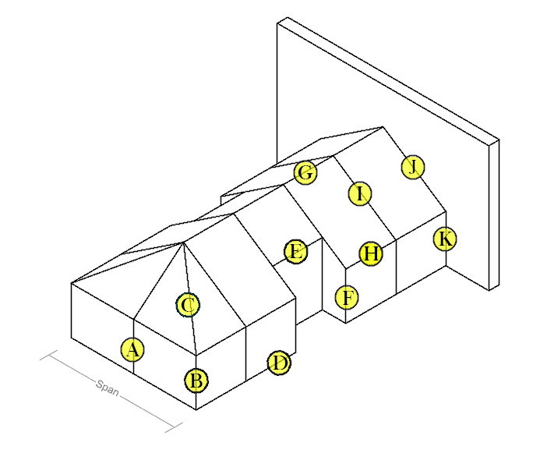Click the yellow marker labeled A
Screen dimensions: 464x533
[x=133, y=350]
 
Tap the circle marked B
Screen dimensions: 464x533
[x=196, y=381]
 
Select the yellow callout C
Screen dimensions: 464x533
[x=187, y=305]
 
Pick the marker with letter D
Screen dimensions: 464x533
[x=279, y=363]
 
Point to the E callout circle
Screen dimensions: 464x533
[x=295, y=252]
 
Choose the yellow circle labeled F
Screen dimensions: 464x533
[x=348, y=297]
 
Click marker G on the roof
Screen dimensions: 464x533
[x=305, y=173]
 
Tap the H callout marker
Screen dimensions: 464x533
[x=372, y=253]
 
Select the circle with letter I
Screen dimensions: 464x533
[x=358, y=193]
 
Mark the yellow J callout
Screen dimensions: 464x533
[x=414, y=166]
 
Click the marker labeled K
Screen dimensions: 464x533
[x=444, y=239]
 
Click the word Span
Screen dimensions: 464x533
[x=108, y=388]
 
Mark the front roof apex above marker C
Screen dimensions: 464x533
[x=183, y=242]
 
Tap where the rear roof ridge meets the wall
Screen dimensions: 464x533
[x=383, y=127]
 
